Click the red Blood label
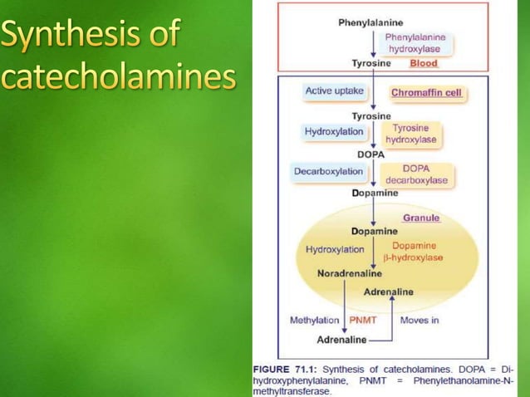[424, 64]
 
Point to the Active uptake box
[334, 91]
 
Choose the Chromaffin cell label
[426, 92]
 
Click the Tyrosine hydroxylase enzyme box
[414, 134]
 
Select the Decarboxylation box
[329, 171]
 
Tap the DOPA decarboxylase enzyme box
[416, 174]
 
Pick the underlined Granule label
[421, 218]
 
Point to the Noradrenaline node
[350, 273]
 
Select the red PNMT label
[363, 320]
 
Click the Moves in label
[420, 320]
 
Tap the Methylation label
[314, 320]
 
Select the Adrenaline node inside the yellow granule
[388, 292]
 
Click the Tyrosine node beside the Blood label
[372, 64]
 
